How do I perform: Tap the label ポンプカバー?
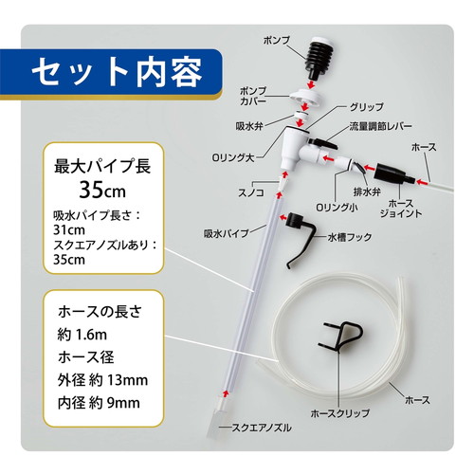click(x=253, y=96)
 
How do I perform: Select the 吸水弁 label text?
click(x=249, y=126)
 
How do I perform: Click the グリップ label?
click(x=366, y=107)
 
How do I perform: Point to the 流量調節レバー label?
click(x=380, y=126)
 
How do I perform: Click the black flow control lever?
click(x=323, y=143)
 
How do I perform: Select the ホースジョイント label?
click(x=401, y=209)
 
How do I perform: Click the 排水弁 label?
click(x=367, y=191)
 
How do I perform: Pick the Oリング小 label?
click(x=337, y=208)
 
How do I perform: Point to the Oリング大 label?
click(x=233, y=157)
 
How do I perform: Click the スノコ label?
click(x=251, y=192)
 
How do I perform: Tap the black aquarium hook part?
click(x=299, y=239)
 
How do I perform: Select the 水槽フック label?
click(x=350, y=237)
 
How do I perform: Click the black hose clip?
click(x=340, y=336)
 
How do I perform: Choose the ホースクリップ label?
click(x=340, y=412)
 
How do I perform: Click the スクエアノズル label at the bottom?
click(x=262, y=428)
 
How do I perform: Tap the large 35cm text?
click(x=102, y=191)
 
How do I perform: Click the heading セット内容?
click(x=117, y=72)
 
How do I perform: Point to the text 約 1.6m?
click(x=82, y=335)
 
